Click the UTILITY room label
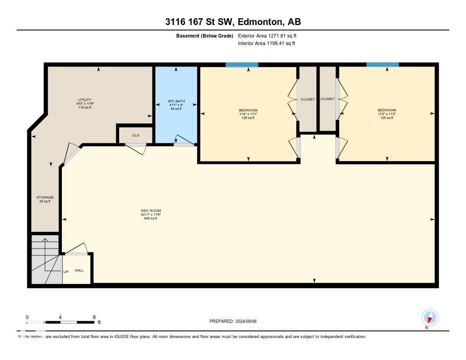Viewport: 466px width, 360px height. pos(85,100)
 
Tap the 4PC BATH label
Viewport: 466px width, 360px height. pos(176,101)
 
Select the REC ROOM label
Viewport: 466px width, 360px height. pos(151,211)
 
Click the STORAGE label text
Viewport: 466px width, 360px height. pos(45,197)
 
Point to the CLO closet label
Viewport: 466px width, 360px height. pos(135,135)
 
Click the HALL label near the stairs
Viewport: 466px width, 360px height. pos(79,270)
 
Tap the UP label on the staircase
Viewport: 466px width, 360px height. pos(66,272)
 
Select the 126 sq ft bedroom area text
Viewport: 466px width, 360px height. pos(248,118)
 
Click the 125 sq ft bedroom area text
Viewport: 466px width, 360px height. pos(386,118)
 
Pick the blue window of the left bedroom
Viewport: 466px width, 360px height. pos(242,65)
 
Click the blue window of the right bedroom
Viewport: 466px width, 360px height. pos(382,65)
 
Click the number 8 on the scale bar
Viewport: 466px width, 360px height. pos(94,317)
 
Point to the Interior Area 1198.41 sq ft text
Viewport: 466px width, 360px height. pos(266,43)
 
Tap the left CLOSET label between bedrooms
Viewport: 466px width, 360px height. pos(308,99)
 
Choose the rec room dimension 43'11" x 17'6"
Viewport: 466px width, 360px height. pos(151,214)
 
